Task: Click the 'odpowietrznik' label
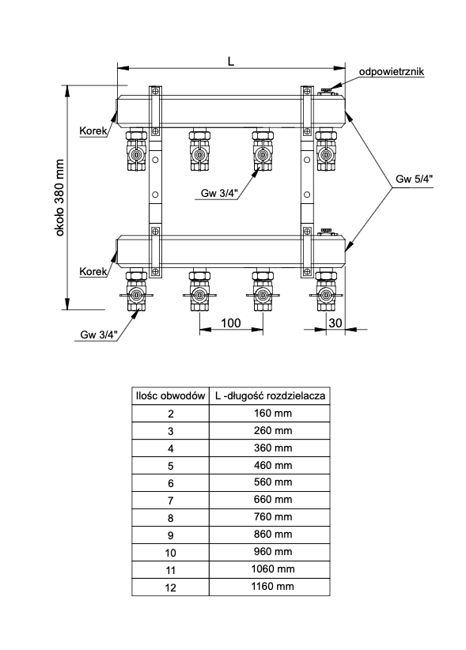(392, 72)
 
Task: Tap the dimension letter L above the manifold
(231, 62)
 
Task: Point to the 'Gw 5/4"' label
(414, 179)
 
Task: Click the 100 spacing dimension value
(231, 323)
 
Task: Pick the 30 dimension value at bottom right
(335, 323)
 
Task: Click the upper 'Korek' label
(93, 131)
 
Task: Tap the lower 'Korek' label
(93, 271)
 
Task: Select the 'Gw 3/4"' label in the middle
(219, 193)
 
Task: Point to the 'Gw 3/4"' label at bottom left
(99, 334)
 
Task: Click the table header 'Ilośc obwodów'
(170, 396)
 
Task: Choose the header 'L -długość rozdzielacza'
(270, 396)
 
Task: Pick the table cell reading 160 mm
(273, 414)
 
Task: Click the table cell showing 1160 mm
(273, 587)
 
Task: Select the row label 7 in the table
(170, 501)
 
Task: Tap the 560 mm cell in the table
(273, 482)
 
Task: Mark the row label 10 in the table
(170, 553)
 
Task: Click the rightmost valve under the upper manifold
(326, 150)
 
